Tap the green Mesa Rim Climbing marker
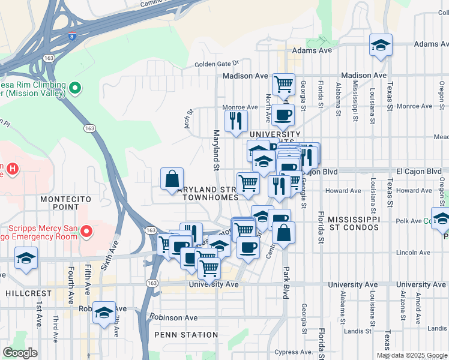[75, 89]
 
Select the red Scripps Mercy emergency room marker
[86, 231]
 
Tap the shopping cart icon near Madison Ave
[283, 84]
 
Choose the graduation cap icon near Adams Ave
[381, 46]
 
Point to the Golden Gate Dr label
[217, 63]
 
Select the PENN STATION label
[186, 335]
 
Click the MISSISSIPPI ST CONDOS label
[354, 223]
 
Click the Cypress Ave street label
[293, 352]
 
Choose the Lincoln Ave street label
[413, 253]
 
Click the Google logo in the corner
[20, 353]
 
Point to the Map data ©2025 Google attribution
[411, 355]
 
